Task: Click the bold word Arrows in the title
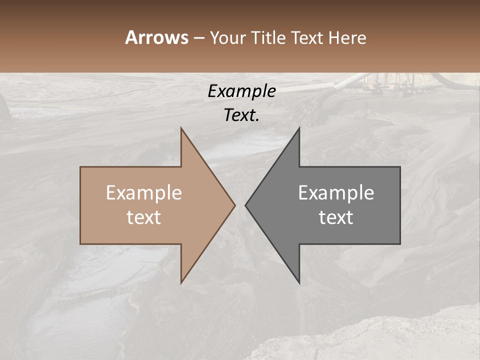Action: coord(156,37)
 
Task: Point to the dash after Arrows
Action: coord(198,38)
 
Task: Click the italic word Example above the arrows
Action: coord(241,91)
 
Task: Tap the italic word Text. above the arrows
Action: coord(241,115)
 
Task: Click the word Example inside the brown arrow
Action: coord(144,193)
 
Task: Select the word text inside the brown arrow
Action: coord(144,217)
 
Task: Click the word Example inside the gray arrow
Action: coord(336,193)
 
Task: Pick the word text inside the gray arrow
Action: coord(336,217)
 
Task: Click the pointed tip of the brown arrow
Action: coord(235,205)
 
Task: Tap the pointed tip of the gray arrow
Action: coord(245,205)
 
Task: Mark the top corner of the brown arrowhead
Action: coord(181,128)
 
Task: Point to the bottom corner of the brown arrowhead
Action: coord(181,283)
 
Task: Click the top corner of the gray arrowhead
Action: coord(299,128)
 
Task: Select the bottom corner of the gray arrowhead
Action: coord(299,283)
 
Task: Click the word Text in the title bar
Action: coord(306,38)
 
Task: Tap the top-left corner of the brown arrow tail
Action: coord(80,167)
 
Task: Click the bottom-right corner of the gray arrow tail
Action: coord(400,243)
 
